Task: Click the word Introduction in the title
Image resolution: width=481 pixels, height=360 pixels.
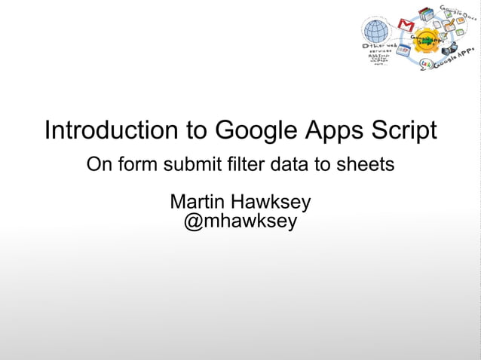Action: (109, 130)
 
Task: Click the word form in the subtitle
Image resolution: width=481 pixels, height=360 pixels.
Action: (130, 163)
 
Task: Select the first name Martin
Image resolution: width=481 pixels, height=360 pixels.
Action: (198, 203)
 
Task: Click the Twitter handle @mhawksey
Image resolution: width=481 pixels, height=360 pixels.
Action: (240, 222)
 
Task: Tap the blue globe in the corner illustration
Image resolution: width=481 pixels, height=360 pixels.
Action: (375, 31)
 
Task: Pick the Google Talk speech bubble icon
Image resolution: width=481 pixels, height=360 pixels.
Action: (427, 64)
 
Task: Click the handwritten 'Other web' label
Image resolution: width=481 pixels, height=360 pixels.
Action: (375, 47)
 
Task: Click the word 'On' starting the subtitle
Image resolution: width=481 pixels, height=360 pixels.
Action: (97, 163)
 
